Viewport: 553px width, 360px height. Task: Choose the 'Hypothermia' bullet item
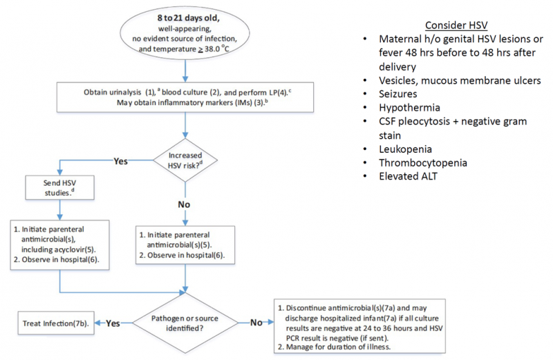click(414, 108)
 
